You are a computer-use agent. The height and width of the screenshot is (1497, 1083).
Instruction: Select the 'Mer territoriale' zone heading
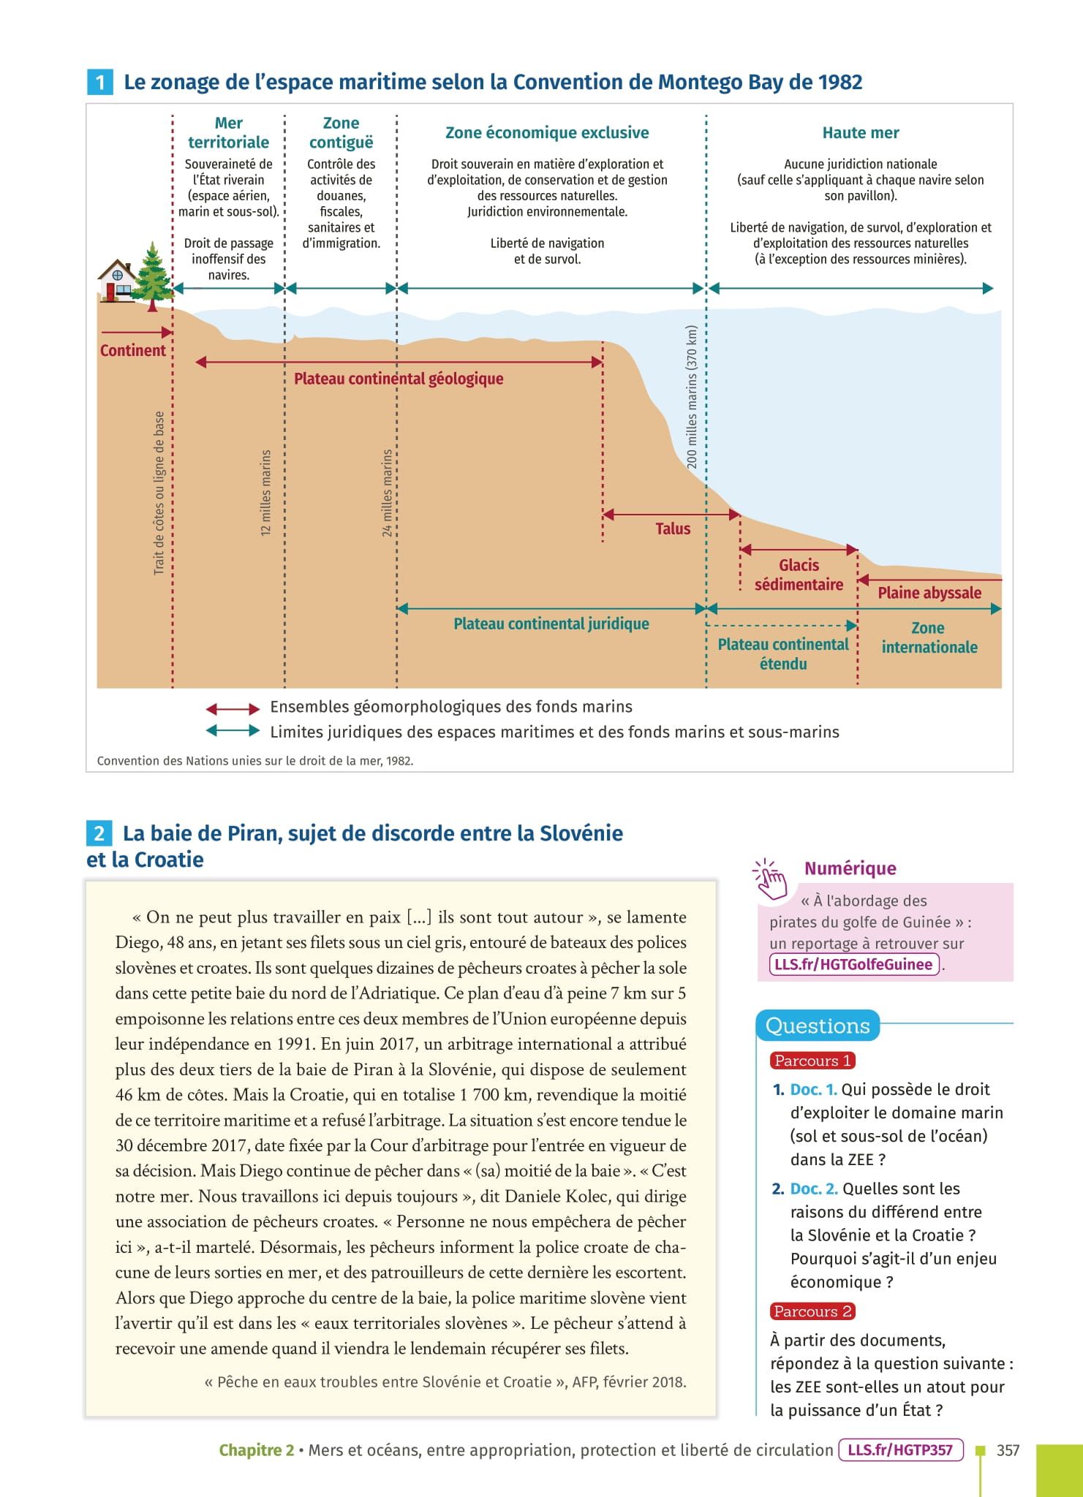(228, 132)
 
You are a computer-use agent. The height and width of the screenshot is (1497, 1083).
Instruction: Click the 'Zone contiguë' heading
(341, 132)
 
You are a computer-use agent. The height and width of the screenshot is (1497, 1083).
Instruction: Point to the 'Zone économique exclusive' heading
(547, 132)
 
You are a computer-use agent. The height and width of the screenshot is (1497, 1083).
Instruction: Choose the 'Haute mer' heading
(860, 132)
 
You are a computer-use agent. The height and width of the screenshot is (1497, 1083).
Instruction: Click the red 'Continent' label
(133, 350)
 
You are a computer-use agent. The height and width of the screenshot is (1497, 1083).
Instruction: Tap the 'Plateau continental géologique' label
(399, 379)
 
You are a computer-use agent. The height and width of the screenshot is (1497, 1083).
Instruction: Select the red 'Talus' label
(673, 528)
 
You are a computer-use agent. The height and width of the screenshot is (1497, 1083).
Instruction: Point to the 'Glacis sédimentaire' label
(799, 575)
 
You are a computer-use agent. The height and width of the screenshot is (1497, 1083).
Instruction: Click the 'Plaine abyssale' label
(929, 593)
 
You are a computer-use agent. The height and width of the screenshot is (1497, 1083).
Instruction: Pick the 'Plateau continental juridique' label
(551, 624)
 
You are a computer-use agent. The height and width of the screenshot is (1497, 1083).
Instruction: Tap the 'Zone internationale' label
(929, 637)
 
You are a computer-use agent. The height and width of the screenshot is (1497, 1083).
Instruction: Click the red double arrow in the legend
(233, 708)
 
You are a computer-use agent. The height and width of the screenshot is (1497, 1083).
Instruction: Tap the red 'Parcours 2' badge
(812, 1311)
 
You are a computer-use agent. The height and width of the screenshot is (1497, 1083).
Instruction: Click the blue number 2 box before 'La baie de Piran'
(99, 833)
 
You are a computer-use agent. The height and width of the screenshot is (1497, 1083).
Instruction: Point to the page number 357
(1008, 1450)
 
